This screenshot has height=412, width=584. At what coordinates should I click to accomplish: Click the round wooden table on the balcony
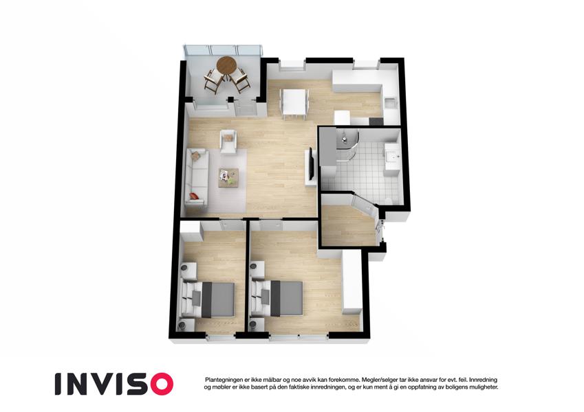226,65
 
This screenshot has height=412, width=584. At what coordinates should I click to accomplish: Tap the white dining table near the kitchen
294,102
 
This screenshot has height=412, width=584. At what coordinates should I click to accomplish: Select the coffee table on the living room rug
228,177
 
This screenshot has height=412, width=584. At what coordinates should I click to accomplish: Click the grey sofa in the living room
197,177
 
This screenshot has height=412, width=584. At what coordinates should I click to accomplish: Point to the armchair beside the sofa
228,141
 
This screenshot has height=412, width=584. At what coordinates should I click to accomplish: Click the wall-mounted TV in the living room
311,163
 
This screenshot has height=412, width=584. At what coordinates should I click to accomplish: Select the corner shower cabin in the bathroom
347,144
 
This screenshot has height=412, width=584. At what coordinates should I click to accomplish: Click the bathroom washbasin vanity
392,157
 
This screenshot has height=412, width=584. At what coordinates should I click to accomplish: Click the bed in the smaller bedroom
208,299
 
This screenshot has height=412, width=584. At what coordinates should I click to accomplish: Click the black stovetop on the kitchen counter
376,122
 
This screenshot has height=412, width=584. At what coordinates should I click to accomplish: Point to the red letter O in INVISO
160,384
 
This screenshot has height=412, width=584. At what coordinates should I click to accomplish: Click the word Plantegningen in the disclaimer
224,380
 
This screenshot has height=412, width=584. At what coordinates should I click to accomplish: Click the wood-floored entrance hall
348,226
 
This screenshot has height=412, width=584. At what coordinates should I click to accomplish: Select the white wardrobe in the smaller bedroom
192,231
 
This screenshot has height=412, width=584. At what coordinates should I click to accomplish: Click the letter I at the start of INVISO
58,384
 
